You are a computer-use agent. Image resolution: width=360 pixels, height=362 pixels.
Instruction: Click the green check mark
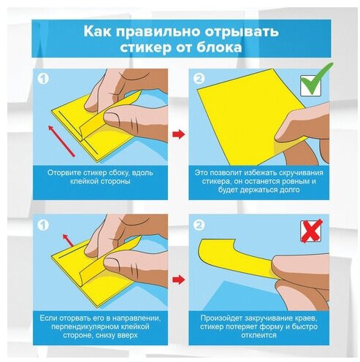tap(317, 79)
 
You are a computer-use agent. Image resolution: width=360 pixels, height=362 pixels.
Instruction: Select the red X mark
tap(312, 231)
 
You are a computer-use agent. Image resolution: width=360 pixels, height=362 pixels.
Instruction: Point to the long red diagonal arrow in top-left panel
tap(61, 141)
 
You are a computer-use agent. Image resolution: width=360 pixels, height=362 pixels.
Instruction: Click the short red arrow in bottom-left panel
tap(68, 241)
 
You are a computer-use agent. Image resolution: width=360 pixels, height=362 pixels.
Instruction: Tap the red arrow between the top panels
tap(179, 134)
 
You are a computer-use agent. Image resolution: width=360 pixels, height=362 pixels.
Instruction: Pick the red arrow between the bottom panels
tap(179, 280)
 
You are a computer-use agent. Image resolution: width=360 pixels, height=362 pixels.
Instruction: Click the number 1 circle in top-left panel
tap(43, 79)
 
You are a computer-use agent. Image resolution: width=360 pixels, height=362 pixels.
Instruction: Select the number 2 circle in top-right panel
tap(199, 79)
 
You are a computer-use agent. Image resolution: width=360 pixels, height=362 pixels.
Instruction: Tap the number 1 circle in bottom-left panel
tap(43, 225)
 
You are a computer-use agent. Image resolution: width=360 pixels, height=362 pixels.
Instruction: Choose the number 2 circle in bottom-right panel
tap(199, 225)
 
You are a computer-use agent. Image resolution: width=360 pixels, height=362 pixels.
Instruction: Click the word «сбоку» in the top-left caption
tap(118, 173)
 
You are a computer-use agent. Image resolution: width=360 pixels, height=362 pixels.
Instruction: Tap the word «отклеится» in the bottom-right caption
tap(258, 335)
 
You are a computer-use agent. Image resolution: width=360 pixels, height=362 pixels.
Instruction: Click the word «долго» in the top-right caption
tap(289, 190)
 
